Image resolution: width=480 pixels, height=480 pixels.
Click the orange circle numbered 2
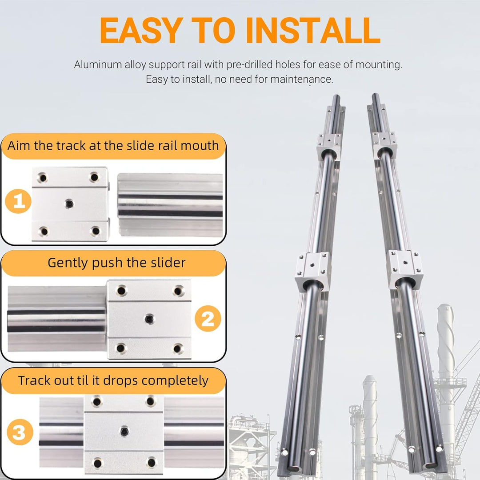[208, 319]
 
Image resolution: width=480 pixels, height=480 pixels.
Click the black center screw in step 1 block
[69, 204]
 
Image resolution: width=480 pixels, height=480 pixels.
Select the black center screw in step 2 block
[150, 318]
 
